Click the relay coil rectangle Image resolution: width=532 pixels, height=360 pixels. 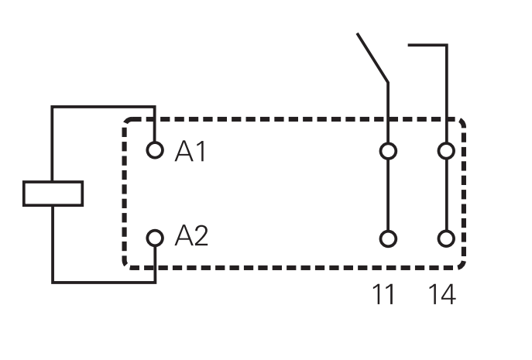[x=53, y=194]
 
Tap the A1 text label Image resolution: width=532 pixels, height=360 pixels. [x=190, y=151]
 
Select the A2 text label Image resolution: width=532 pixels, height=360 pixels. [x=191, y=236]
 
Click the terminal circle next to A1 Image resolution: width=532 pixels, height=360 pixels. [x=156, y=150]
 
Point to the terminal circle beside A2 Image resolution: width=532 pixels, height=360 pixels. [x=156, y=238]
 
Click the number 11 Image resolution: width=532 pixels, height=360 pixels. [x=383, y=294]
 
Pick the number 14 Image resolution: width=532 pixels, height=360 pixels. [x=442, y=294]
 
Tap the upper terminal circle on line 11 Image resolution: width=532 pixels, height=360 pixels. [x=388, y=150]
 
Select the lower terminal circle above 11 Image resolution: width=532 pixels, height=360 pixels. [x=388, y=238]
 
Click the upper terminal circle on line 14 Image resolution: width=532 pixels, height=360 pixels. [x=446, y=150]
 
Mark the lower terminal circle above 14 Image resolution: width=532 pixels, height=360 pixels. [x=446, y=238]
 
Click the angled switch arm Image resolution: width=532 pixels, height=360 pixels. [x=372, y=57]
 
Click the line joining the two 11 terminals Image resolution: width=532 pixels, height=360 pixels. [x=388, y=194]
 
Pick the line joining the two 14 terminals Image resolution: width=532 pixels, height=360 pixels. [x=446, y=194]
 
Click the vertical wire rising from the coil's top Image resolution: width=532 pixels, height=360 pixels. [x=53, y=143]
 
